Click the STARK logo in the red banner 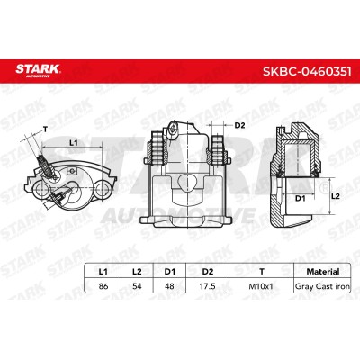[x=38, y=70]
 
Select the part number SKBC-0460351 [x=307, y=72]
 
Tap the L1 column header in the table [x=103, y=272]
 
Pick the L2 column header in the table [x=137, y=272]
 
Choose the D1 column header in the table [x=169, y=272]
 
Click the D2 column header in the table [x=208, y=272]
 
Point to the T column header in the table [x=262, y=272]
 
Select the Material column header [x=323, y=272]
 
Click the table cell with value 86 [x=103, y=286]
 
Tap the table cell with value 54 [x=137, y=286]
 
